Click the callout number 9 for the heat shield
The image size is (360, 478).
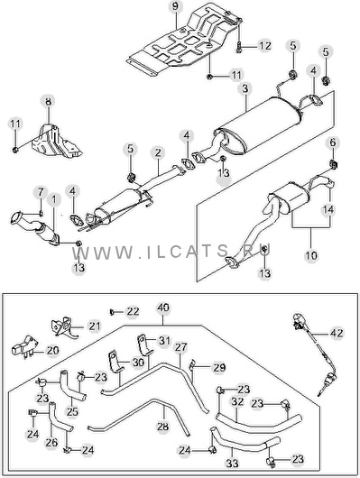175,6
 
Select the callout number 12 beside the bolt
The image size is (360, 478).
265,46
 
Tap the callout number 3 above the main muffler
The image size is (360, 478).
245,89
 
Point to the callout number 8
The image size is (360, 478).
49,102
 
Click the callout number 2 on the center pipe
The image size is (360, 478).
158,152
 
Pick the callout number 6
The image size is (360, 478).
333,142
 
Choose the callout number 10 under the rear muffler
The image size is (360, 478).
311,255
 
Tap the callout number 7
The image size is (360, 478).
41,192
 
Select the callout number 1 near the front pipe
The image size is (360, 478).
54,199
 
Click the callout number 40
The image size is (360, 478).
163,308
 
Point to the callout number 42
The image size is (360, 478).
337,333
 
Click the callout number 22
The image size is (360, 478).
133,311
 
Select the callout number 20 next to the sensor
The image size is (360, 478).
52,351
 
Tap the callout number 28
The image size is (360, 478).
162,427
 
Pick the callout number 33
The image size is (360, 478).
232,464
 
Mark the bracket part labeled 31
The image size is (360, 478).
143,345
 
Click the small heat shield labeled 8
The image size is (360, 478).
57,142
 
